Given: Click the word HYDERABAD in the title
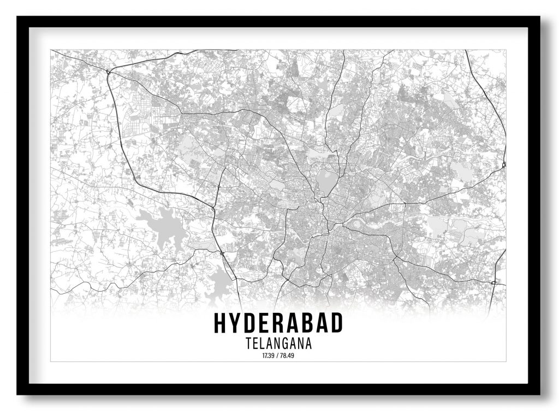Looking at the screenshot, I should click(278, 323).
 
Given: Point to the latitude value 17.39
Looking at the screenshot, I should click(267, 356).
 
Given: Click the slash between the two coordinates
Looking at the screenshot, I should click(278, 356).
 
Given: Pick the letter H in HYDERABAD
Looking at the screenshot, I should click(221, 323).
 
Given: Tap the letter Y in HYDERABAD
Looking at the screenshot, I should click(237, 323).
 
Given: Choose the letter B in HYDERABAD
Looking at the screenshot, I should click(313, 323).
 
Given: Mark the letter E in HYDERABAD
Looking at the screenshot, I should click(267, 323).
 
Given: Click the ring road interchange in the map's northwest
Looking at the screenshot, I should click(109, 72).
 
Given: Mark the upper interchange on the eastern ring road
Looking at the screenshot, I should click(504, 164).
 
